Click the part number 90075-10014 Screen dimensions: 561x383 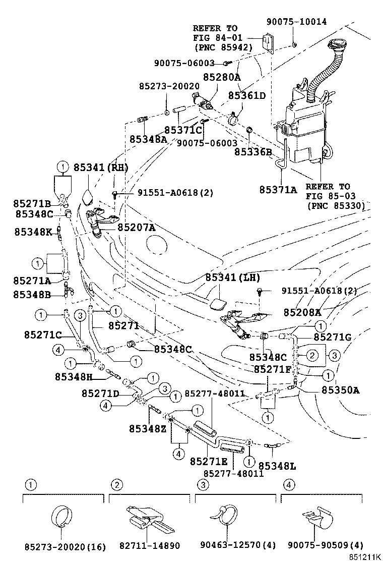coord(296,22)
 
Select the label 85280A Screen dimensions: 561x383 coord(222,77)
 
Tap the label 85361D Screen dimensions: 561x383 coord(247,95)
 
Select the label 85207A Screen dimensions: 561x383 coord(137,228)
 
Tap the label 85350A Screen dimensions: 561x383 coord(341,389)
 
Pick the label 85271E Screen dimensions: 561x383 coord(209,462)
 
